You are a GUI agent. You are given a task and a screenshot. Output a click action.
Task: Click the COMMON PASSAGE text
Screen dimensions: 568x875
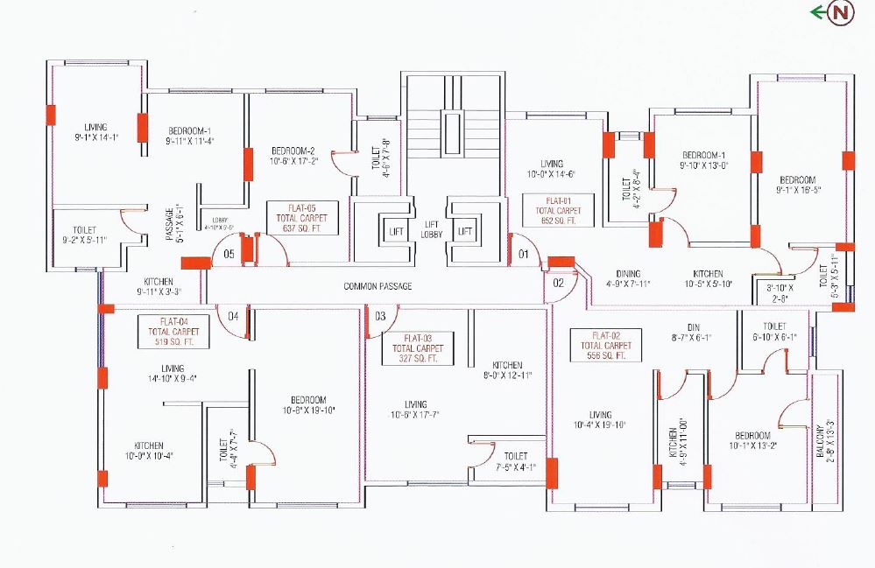pos(378,286)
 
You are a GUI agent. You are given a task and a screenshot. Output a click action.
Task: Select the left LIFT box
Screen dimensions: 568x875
pos(392,231)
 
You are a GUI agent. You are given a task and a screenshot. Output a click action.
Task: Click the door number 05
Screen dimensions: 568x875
pos(228,255)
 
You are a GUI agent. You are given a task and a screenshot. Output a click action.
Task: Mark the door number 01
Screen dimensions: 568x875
pos(525,255)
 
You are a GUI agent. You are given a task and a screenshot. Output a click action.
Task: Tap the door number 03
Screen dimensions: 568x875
pos(380,316)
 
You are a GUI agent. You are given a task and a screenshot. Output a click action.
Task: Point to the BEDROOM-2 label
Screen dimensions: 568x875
pos(292,150)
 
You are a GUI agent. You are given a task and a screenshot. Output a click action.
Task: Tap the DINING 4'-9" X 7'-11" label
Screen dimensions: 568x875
pos(627,278)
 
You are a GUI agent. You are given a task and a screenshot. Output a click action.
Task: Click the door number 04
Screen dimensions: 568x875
pos(234,316)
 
